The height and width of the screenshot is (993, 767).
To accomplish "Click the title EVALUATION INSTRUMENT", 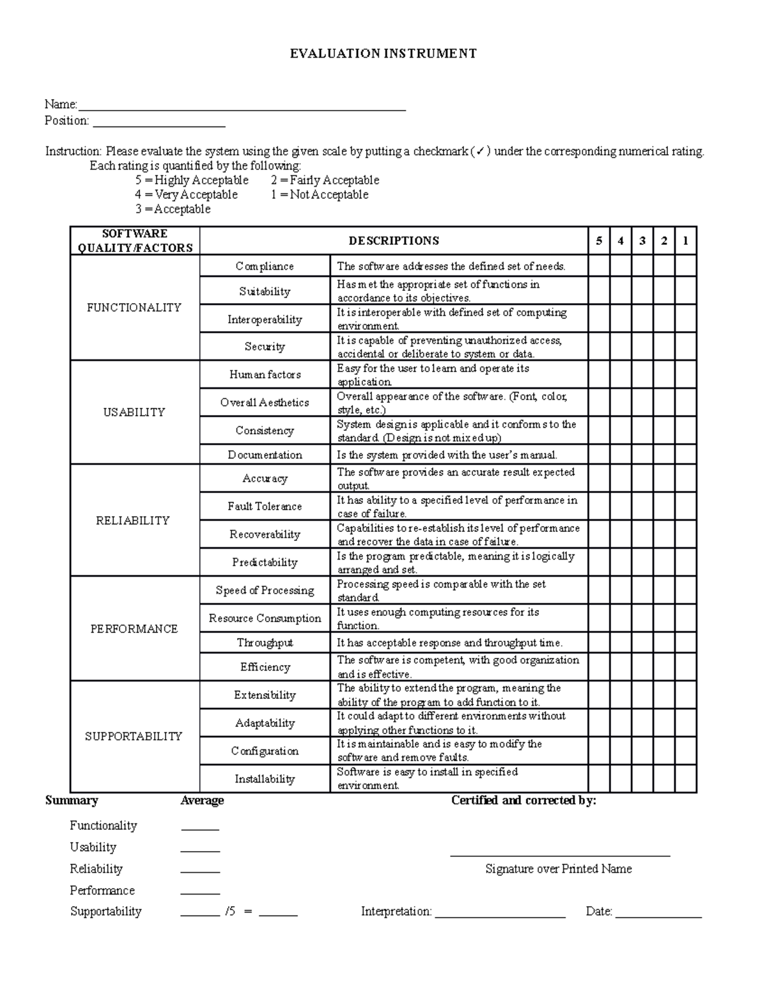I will (x=383, y=54).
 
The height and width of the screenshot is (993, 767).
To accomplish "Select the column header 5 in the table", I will (x=599, y=241).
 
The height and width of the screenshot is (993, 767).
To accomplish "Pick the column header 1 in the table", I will (x=686, y=241).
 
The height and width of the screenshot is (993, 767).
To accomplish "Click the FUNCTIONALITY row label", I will (x=134, y=308).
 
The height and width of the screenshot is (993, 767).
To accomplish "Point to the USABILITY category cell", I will (x=134, y=412).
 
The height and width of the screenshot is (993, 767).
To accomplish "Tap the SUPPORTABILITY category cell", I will (x=134, y=736).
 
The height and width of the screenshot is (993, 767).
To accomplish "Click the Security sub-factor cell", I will (x=265, y=347).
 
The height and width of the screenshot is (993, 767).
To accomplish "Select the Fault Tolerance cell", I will (x=265, y=506).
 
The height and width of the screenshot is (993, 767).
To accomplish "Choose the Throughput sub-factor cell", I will (x=265, y=643).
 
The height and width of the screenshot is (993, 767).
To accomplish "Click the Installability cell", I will (x=265, y=779).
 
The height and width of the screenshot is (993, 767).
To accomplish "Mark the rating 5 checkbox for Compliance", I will (x=599, y=266).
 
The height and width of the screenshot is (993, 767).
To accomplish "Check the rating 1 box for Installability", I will (x=686, y=779).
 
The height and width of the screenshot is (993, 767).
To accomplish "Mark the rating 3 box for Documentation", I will (x=642, y=455).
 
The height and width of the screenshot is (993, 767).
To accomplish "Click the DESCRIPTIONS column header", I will (x=394, y=241).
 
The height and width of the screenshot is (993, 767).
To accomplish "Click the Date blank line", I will (x=658, y=916).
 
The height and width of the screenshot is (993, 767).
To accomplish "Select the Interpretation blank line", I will (x=500, y=916).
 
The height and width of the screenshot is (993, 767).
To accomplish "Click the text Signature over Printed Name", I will (x=559, y=869).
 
